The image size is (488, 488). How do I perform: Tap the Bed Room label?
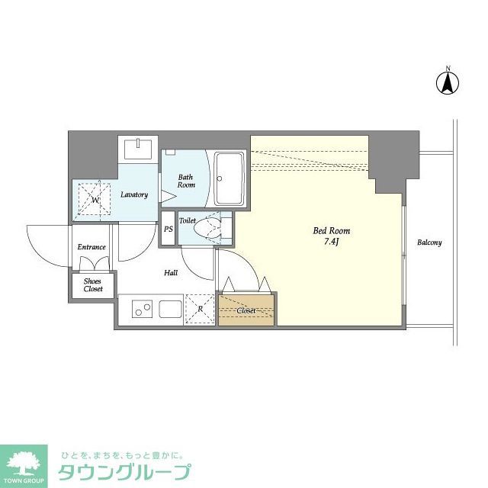[x=332, y=231]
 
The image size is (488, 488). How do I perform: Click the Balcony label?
[x=429, y=242]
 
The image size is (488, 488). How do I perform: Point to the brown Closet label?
[x=246, y=311]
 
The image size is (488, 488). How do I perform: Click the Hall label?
[x=171, y=272]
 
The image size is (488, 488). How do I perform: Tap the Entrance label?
[x=91, y=247]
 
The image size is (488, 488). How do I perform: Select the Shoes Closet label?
[x=93, y=284]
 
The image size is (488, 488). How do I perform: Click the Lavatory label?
[x=134, y=194]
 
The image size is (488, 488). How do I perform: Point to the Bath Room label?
[x=186, y=181]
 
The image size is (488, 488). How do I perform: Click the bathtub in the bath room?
[x=229, y=178]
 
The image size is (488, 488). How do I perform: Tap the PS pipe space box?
[x=168, y=230]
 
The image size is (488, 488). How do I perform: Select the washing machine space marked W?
[x=96, y=201]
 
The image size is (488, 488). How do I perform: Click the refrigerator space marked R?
[x=200, y=310]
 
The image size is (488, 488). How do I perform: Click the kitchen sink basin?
[x=170, y=310]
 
